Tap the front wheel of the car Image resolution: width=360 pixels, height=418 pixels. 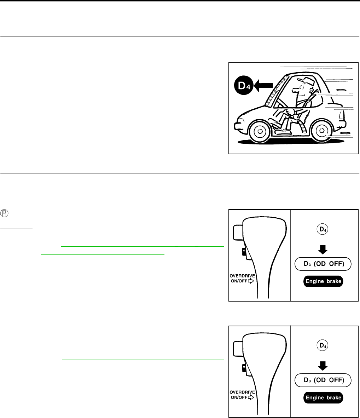260,131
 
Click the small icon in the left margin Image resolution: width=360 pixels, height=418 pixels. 4,213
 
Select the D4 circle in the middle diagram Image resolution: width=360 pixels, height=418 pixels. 323,229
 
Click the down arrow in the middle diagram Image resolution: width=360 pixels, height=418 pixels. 323,250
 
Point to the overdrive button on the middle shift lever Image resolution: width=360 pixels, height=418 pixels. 244,252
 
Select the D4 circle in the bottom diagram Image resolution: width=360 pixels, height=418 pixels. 323,345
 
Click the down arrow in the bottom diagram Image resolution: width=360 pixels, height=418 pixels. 323,366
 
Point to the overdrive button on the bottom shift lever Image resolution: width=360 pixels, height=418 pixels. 244,368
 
